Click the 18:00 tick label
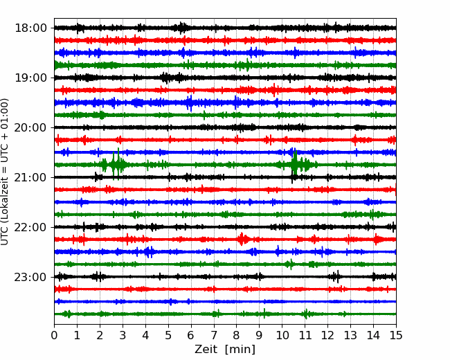(x=30, y=28)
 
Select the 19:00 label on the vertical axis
(x=30, y=78)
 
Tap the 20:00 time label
(x=30, y=127)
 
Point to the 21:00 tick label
(x=30, y=177)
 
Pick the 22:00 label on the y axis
(x=30, y=227)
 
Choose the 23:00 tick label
(x=30, y=277)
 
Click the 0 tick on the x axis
(x=54, y=335)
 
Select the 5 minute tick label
(x=168, y=335)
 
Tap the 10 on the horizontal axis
(x=282, y=335)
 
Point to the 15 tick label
(x=396, y=335)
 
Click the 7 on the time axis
(x=214, y=335)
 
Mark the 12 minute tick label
(x=327, y=335)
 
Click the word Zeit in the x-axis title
(x=206, y=349)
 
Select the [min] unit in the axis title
(x=240, y=350)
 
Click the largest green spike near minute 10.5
(x=294, y=163)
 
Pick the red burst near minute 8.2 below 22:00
(x=242, y=239)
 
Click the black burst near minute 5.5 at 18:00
(x=181, y=28)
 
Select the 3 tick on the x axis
(x=123, y=335)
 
